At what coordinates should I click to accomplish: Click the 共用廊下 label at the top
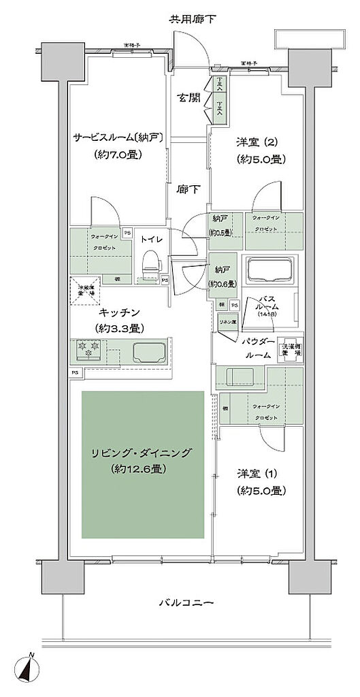click(x=192, y=18)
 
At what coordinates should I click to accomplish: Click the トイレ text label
click(x=150, y=240)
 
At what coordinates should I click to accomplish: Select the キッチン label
click(x=120, y=312)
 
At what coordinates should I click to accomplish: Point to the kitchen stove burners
click(x=89, y=352)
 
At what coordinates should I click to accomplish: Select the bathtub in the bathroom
click(x=270, y=269)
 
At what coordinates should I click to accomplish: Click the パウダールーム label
click(x=257, y=348)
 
